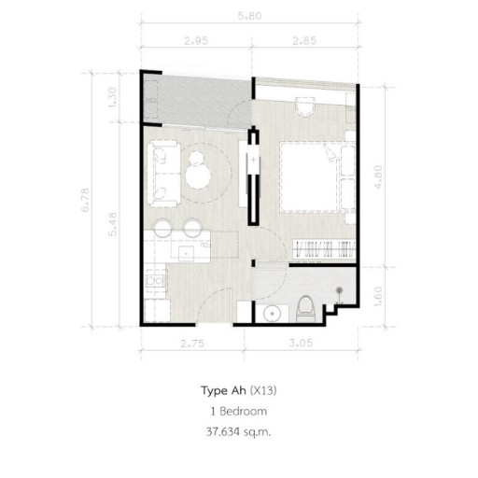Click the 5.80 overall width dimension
[248, 17]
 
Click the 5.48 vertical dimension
[114, 225]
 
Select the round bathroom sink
[272, 313]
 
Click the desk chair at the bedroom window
[303, 105]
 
